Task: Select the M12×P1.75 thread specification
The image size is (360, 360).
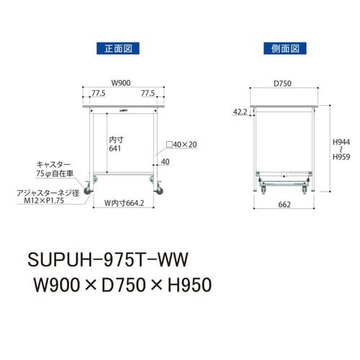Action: tap(44, 202)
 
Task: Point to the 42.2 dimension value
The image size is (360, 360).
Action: tap(240, 112)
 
